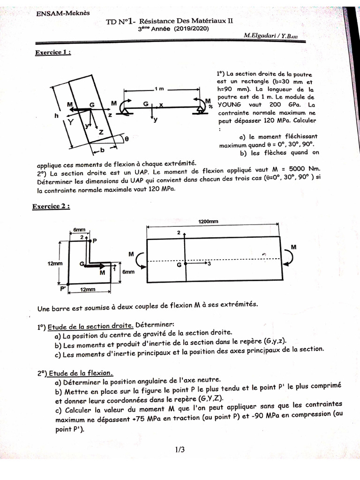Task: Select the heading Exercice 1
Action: pyautogui.click(x=53, y=53)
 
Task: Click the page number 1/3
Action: pyautogui.click(x=180, y=450)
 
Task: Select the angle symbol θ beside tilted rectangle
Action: pyautogui.click(x=126, y=138)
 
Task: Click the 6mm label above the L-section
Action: pyautogui.click(x=79, y=230)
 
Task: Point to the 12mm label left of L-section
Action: pyautogui.click(x=54, y=263)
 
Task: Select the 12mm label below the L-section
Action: pyautogui.click(x=88, y=290)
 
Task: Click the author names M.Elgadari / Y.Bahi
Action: pyautogui.click(x=273, y=36)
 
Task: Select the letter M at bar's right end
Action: pyautogui.click(x=293, y=247)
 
